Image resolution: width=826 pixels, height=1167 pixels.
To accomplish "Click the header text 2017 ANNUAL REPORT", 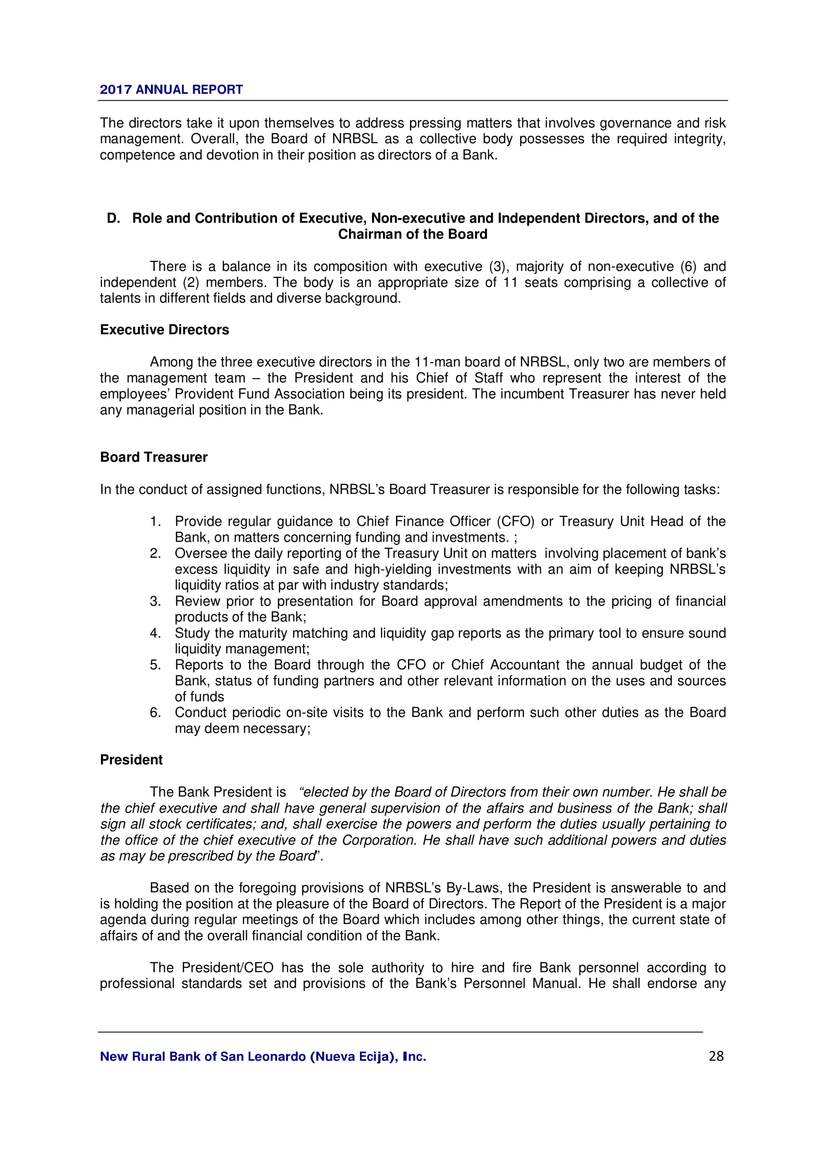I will click(171, 89).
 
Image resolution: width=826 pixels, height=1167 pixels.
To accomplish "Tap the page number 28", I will click(716, 1056).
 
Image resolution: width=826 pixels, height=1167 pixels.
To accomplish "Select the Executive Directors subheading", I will click(164, 330).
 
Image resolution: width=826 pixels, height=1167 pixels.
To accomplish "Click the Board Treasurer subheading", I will click(154, 458).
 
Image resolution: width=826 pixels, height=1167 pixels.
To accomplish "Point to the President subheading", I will click(131, 760).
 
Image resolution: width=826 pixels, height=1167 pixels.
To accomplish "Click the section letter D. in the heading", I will click(113, 219).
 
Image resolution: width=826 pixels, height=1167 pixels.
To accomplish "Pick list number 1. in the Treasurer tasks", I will click(155, 521).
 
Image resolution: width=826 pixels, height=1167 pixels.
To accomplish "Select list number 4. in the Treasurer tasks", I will click(155, 633).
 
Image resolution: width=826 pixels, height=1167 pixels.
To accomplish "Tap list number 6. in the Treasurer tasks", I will click(155, 712).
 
